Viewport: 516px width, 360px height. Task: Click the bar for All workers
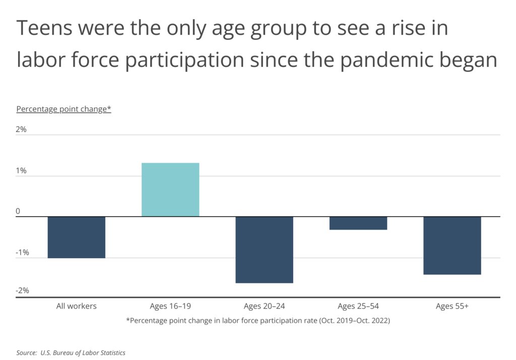77,237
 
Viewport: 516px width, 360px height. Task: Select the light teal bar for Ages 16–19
170,190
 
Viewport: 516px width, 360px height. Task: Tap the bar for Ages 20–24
264,250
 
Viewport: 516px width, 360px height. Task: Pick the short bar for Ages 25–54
358,223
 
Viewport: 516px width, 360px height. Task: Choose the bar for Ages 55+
452,246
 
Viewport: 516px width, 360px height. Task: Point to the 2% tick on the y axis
21,129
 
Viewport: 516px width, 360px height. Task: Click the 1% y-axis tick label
21,171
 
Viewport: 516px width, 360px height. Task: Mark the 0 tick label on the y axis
18,211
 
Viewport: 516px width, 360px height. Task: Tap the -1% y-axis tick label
22,252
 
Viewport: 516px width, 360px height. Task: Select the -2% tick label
22,291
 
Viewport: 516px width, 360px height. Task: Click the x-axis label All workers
77,306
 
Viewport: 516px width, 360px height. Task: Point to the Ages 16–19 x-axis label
170,307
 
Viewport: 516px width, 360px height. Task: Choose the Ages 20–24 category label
264,307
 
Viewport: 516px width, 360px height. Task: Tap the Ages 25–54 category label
358,307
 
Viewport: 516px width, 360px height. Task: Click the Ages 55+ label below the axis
452,307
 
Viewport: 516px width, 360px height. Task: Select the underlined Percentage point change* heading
64,109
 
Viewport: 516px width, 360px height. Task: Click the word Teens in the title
44,28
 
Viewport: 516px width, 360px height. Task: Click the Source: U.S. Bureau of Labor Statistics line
71,353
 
